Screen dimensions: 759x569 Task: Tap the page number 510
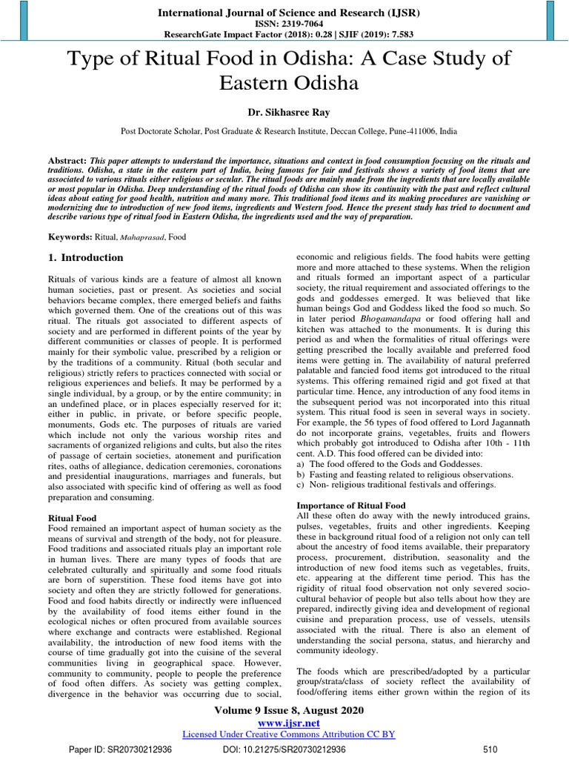489,749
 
